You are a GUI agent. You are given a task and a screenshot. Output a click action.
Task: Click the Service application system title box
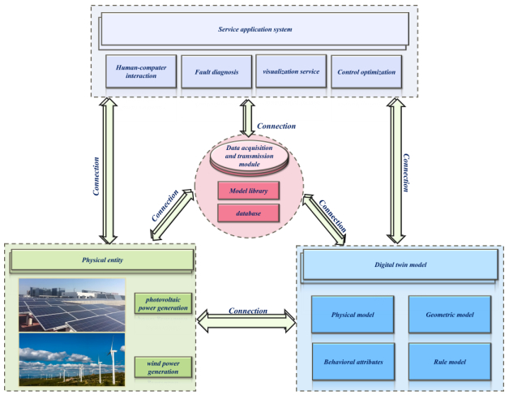click(254, 30)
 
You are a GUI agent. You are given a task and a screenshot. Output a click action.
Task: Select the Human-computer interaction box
click(141, 72)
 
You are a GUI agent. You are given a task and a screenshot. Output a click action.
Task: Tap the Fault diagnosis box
click(216, 72)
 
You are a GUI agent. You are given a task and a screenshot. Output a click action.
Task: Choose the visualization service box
click(289, 72)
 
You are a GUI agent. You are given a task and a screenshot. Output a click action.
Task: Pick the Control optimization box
click(366, 72)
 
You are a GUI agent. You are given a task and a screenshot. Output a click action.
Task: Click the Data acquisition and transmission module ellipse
click(249, 152)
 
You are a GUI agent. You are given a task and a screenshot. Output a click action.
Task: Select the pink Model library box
click(249, 191)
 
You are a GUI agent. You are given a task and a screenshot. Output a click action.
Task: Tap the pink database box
click(249, 213)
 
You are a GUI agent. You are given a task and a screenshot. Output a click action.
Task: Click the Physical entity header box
click(101, 260)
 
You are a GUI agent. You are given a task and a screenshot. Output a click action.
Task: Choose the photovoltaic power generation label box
click(162, 304)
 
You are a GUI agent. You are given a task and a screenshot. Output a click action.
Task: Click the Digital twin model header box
click(399, 264)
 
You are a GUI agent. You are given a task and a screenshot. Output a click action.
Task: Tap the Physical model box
click(353, 312)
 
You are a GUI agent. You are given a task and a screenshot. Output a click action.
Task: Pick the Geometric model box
click(449, 312)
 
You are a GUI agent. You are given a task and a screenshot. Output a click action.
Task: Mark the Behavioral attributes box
click(353, 358)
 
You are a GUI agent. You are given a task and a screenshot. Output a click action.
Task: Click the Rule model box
click(449, 358)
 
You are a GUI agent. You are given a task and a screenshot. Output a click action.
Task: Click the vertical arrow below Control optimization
click(396, 170)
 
